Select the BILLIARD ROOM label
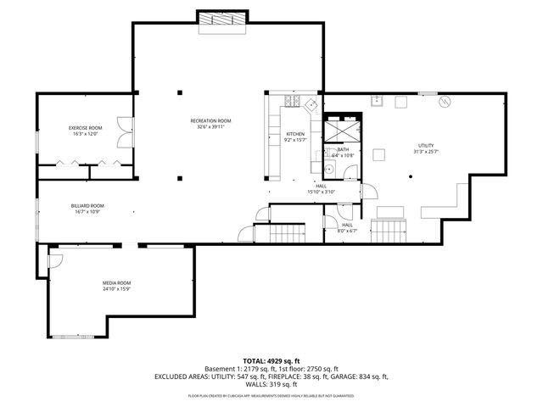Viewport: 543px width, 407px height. [x=87, y=205]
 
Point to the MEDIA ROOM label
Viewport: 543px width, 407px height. [x=117, y=282]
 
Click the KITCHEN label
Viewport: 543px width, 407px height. [x=294, y=135]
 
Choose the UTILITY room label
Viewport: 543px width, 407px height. [x=425, y=146]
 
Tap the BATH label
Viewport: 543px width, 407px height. [x=342, y=149]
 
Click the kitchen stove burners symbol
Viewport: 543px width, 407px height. [x=294, y=103]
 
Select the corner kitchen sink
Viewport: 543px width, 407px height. [x=311, y=104]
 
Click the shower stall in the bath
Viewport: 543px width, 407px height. [x=341, y=130]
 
